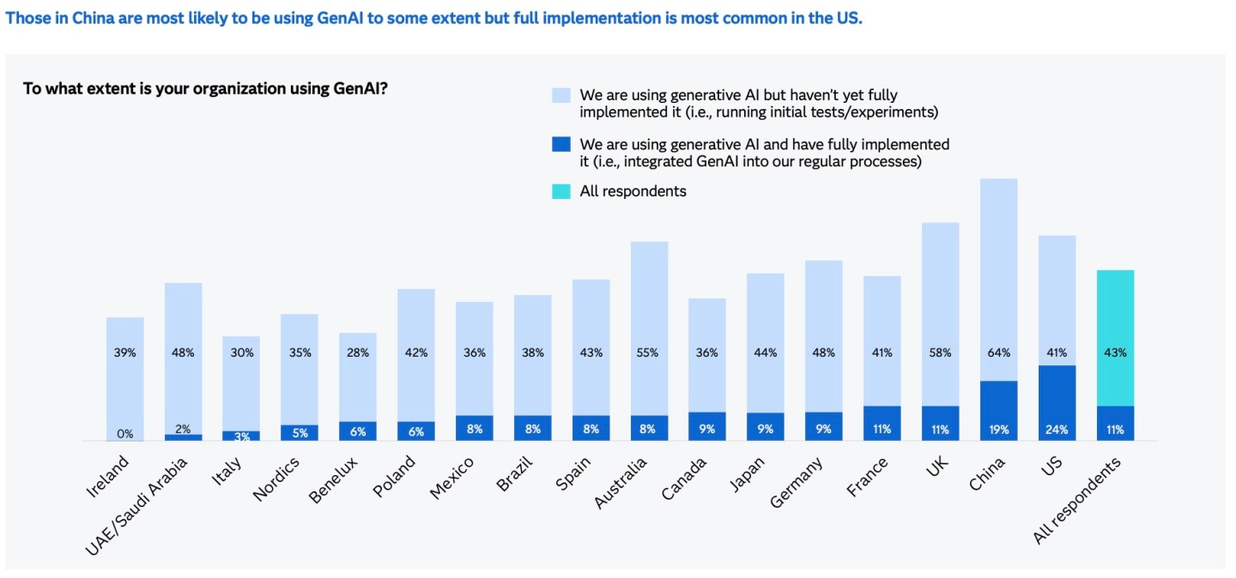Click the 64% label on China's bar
click(998, 352)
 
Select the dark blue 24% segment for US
click(1057, 403)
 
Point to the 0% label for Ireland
click(125, 434)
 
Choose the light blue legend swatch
click(560, 94)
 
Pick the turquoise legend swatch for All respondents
click(560, 191)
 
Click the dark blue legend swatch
click(560, 144)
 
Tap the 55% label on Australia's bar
click(649, 352)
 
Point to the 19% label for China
click(998, 429)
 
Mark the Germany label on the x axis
click(797, 483)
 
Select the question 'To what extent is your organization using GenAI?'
click(204, 88)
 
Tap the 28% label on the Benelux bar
click(358, 352)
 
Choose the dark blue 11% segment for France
click(882, 424)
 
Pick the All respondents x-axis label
click(1079, 501)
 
